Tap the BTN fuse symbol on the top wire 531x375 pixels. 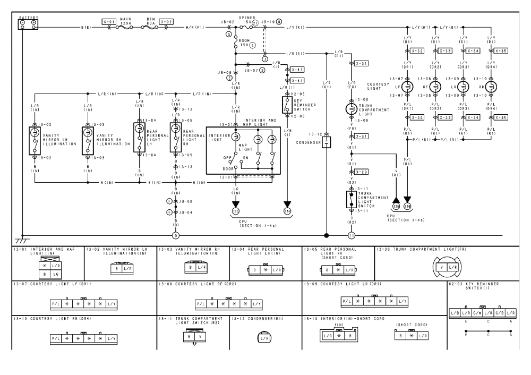click(151, 26)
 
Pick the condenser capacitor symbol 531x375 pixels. click(327, 142)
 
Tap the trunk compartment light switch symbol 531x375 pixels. click(351, 200)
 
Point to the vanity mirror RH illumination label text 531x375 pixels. click(111, 140)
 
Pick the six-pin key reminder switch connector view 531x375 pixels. click(481, 313)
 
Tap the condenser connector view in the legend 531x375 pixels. click(264, 337)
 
